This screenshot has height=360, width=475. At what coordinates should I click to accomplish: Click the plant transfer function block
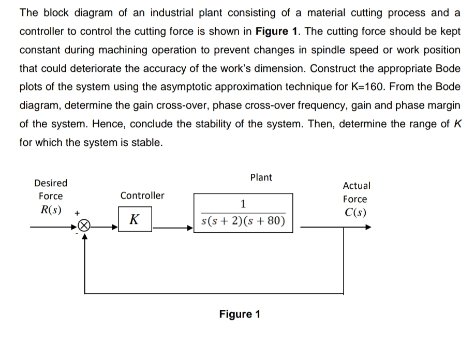tap(243, 213)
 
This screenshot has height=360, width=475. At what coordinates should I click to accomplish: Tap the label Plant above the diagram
tap(261, 177)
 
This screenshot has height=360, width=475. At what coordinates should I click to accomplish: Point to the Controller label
tap(142, 196)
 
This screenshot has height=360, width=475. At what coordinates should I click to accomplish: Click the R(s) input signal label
tap(51, 210)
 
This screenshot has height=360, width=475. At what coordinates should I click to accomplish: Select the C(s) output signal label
tap(355, 213)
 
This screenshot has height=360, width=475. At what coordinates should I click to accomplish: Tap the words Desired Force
tap(51, 189)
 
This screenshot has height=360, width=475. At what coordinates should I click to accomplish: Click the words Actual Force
tap(356, 192)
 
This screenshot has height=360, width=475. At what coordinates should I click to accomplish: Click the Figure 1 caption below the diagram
tap(240, 314)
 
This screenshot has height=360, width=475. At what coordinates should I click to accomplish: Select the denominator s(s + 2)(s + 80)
tap(243, 221)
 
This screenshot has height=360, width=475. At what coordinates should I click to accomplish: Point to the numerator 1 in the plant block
tap(243, 202)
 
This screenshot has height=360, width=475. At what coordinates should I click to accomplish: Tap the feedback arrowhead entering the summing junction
tap(84, 234)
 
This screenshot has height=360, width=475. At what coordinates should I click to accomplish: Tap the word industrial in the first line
tap(164, 13)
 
